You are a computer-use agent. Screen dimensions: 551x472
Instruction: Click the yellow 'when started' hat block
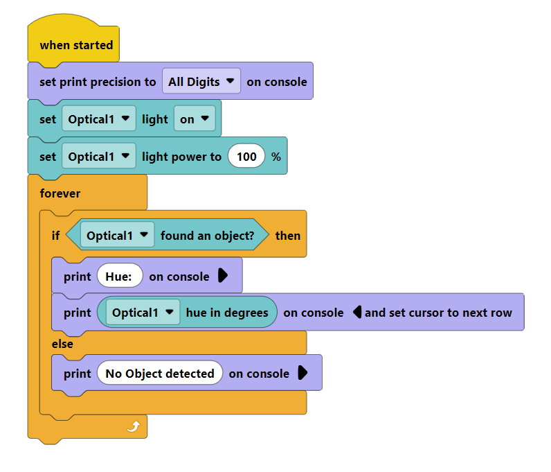pos(73,40)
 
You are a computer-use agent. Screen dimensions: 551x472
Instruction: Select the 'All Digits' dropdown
pos(201,81)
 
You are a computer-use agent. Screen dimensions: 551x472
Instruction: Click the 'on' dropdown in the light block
pos(195,119)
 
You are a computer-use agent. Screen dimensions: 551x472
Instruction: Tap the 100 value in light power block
pos(246,156)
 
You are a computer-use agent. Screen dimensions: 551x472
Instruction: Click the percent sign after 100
pos(276,157)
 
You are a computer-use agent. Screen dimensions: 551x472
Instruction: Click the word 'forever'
pos(60,193)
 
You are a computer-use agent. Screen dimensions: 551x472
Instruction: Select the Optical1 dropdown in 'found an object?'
pos(118,235)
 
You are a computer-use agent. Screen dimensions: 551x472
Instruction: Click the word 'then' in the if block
pos(288,236)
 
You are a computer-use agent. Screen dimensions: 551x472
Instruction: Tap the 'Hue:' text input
pos(120,276)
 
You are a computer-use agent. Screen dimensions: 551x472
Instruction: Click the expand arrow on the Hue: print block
pos(223,275)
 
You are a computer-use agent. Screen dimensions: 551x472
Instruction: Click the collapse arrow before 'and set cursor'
pos(357,312)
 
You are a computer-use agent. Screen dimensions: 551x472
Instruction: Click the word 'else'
pos(62,344)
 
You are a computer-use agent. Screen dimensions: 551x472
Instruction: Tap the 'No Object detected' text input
pos(159,373)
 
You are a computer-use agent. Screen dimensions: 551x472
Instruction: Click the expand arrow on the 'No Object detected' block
pos(302,372)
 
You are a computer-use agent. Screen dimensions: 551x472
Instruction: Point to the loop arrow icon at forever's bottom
pos(134,426)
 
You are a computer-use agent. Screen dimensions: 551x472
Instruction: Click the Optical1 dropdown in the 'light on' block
pos(99,119)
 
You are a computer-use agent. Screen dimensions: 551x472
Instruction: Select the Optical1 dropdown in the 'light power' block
pos(99,156)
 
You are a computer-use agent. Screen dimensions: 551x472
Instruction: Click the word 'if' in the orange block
pos(55,236)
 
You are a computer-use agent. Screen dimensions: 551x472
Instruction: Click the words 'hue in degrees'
pos(227,313)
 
